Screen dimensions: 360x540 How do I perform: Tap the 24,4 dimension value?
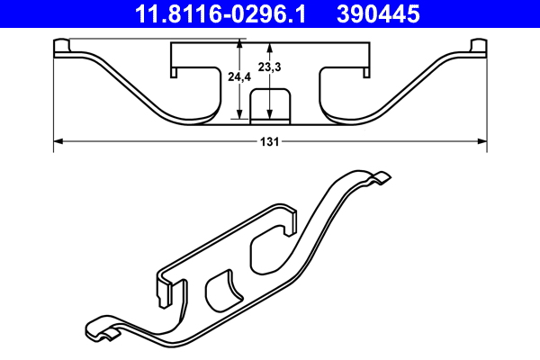239,78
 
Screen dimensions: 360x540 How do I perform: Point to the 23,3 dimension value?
269,67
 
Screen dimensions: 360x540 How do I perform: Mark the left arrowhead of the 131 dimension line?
58,140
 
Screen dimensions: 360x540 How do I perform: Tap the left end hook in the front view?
64,48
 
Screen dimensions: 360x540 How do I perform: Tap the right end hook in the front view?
477,48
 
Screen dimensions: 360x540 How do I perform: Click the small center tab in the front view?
270,104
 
